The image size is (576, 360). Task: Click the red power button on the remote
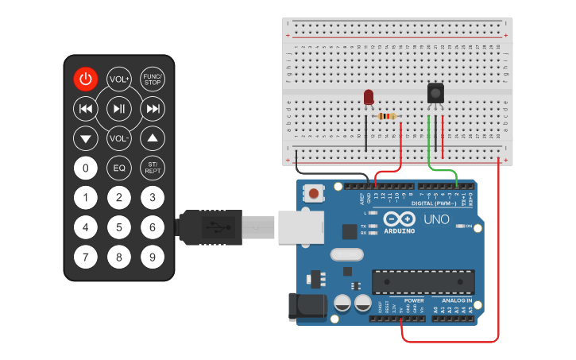(x=86, y=79)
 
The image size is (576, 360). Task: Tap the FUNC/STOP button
(x=152, y=79)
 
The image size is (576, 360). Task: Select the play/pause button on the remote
(x=119, y=108)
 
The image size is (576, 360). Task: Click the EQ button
(x=119, y=168)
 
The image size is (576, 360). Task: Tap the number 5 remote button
(x=119, y=227)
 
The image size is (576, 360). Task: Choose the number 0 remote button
(x=86, y=168)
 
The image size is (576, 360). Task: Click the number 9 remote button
(x=152, y=257)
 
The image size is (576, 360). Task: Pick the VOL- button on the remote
(x=119, y=138)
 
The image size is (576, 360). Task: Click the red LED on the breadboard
(x=368, y=97)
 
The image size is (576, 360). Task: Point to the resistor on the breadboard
(x=387, y=117)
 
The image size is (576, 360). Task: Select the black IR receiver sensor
(x=435, y=94)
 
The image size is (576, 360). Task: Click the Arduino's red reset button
(x=315, y=193)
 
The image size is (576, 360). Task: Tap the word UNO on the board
(x=436, y=219)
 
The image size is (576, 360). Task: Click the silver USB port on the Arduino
(x=300, y=227)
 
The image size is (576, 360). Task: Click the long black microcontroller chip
(x=423, y=281)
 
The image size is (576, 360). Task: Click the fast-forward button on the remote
(x=152, y=108)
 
